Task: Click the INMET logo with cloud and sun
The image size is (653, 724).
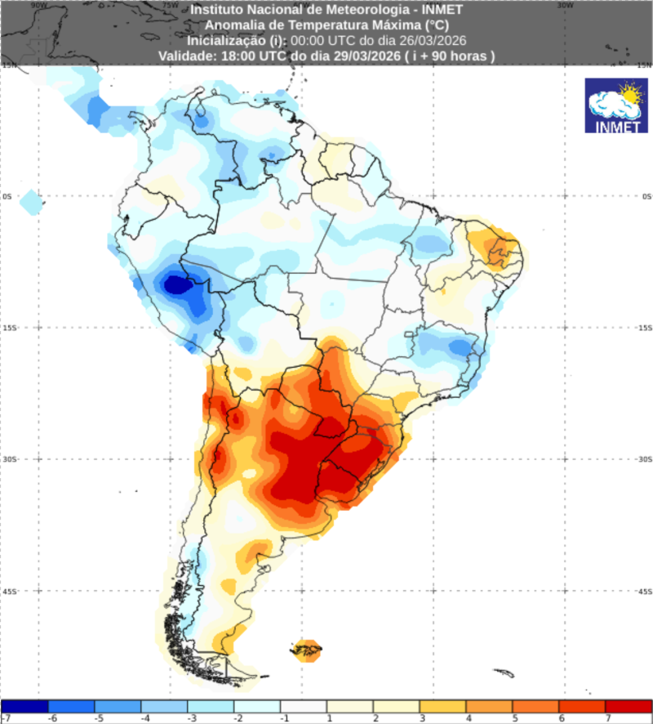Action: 616,105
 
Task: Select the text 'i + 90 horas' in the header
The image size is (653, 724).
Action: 452,56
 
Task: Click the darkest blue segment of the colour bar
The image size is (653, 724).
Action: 24,706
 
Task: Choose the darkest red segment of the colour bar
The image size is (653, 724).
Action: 629,706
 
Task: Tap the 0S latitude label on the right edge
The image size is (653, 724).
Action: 646,196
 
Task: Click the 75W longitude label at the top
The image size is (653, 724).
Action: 170,4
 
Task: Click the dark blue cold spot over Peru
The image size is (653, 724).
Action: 175,285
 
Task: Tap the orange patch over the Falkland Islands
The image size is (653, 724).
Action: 309,650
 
